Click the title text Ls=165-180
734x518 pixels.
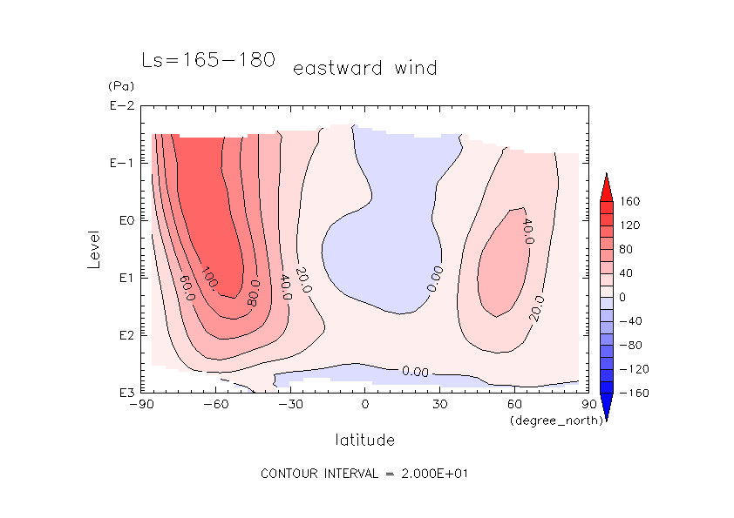pyautogui.click(x=208, y=60)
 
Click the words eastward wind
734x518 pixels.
pyautogui.click(x=364, y=68)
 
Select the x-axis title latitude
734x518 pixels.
pyautogui.click(x=364, y=440)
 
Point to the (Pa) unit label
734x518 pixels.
pyautogui.click(x=119, y=86)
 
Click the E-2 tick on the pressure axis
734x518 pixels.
pyautogui.click(x=120, y=106)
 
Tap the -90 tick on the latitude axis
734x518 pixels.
pyautogui.click(x=141, y=405)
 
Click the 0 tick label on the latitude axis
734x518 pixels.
pyautogui.click(x=365, y=405)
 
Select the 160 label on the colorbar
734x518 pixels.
pyautogui.click(x=630, y=201)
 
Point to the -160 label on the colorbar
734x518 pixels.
pyautogui.click(x=634, y=394)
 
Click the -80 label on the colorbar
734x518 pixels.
pyautogui.click(x=631, y=346)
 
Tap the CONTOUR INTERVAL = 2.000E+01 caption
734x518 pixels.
pyautogui.click(x=366, y=474)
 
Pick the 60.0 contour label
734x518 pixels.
pyautogui.click(x=184, y=285)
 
